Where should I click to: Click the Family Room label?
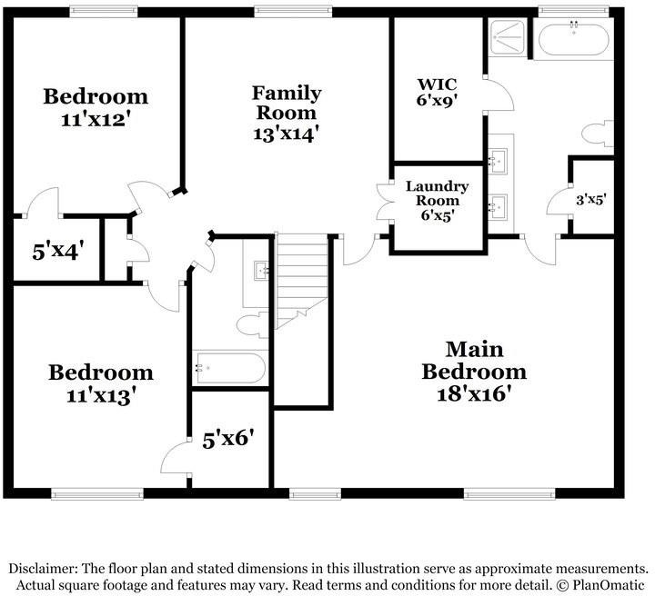pyautogui.click(x=287, y=103)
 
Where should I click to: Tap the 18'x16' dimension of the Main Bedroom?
pyautogui.click(x=474, y=393)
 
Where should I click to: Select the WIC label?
pyautogui.click(x=437, y=84)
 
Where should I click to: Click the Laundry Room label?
pyautogui.click(x=437, y=194)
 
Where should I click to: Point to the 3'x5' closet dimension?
pyautogui.click(x=591, y=200)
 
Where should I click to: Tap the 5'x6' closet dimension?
pyautogui.click(x=228, y=440)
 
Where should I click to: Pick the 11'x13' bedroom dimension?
pyautogui.click(x=101, y=396)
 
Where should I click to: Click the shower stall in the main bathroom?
pyautogui.click(x=507, y=37)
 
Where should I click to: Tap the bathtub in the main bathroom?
pyautogui.click(x=573, y=40)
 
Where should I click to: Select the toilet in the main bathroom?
pyautogui.click(x=598, y=134)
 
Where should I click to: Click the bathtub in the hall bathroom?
pyautogui.click(x=229, y=368)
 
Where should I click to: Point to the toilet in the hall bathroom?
pyautogui.click(x=252, y=324)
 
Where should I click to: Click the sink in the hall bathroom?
pyautogui.click(x=262, y=271)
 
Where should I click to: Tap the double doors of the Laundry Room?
pyautogui.click(x=385, y=202)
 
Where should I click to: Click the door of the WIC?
pyautogui.click(x=499, y=95)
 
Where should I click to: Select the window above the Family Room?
pyautogui.click(x=293, y=11)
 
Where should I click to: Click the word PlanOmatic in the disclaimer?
pyautogui.click(x=609, y=585)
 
